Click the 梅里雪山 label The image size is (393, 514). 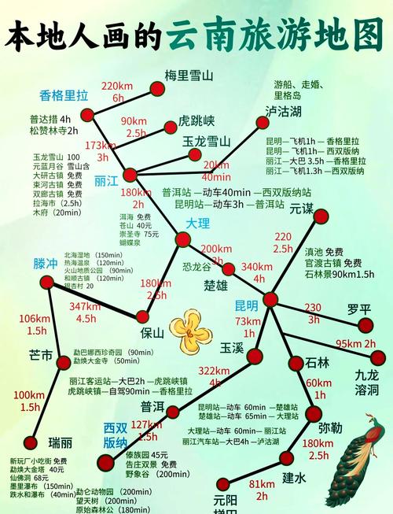point(189,76)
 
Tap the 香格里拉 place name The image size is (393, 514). point(64,96)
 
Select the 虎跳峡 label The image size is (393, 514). point(196,121)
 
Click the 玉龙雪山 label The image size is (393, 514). point(207,142)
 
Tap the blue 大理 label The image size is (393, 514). point(198,224)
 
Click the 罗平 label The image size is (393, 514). point(359,309)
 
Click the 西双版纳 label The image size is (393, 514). point(116,435)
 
